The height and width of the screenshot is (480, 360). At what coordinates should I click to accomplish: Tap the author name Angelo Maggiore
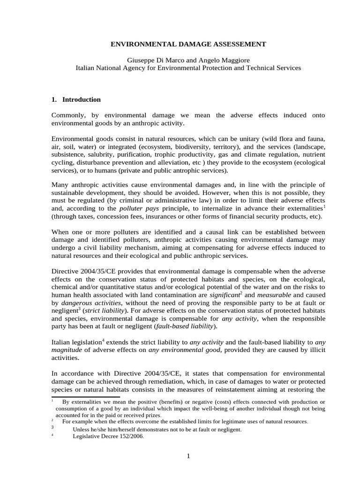[224, 60]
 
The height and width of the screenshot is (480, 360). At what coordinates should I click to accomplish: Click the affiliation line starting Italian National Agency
[188, 68]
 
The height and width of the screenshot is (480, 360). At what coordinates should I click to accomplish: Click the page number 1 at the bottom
[187, 457]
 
